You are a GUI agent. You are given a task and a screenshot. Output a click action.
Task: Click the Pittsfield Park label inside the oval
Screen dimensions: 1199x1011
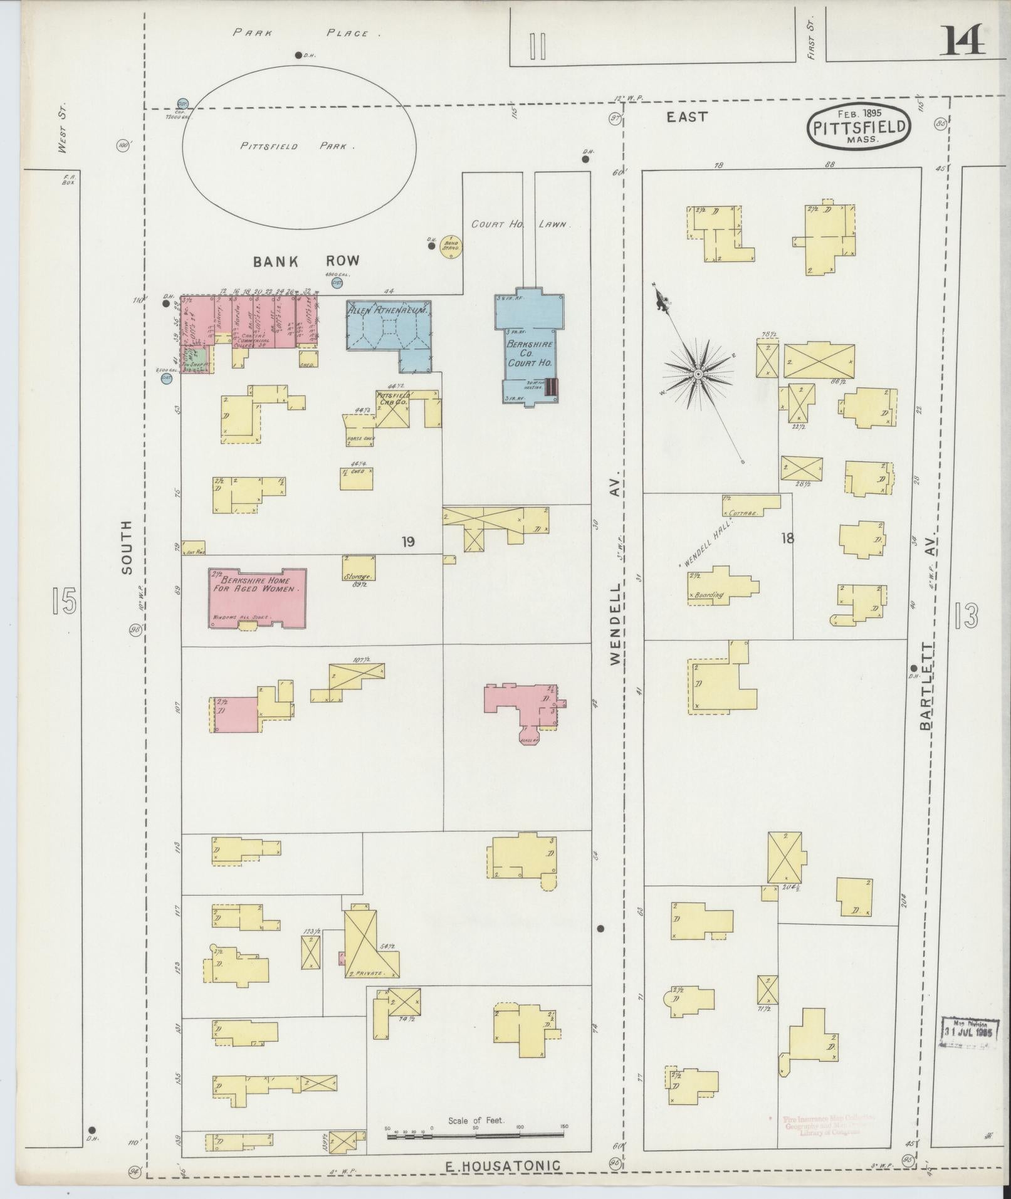(x=298, y=146)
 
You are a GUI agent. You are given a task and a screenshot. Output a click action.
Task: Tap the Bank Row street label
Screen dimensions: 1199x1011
(x=306, y=261)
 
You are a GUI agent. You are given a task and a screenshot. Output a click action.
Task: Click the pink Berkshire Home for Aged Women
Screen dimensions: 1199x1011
(x=258, y=597)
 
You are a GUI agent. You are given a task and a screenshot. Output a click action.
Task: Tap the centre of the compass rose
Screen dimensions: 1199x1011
(x=697, y=374)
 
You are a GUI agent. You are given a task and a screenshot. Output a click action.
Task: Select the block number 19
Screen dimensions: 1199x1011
(x=408, y=542)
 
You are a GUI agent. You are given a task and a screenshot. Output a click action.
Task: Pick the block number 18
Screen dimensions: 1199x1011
(x=787, y=537)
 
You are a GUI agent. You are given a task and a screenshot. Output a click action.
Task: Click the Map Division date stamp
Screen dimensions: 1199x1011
(x=968, y=1032)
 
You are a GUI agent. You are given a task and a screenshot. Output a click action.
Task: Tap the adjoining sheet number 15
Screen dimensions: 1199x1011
(x=64, y=600)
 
